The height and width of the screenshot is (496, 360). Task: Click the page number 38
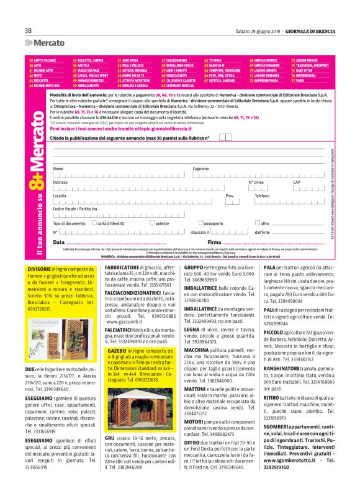tap(29, 31)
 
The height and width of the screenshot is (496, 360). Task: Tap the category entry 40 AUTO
tap(35, 65)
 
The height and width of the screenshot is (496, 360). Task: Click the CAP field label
tap(296, 182)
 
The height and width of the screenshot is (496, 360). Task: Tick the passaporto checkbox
tap(200, 223)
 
